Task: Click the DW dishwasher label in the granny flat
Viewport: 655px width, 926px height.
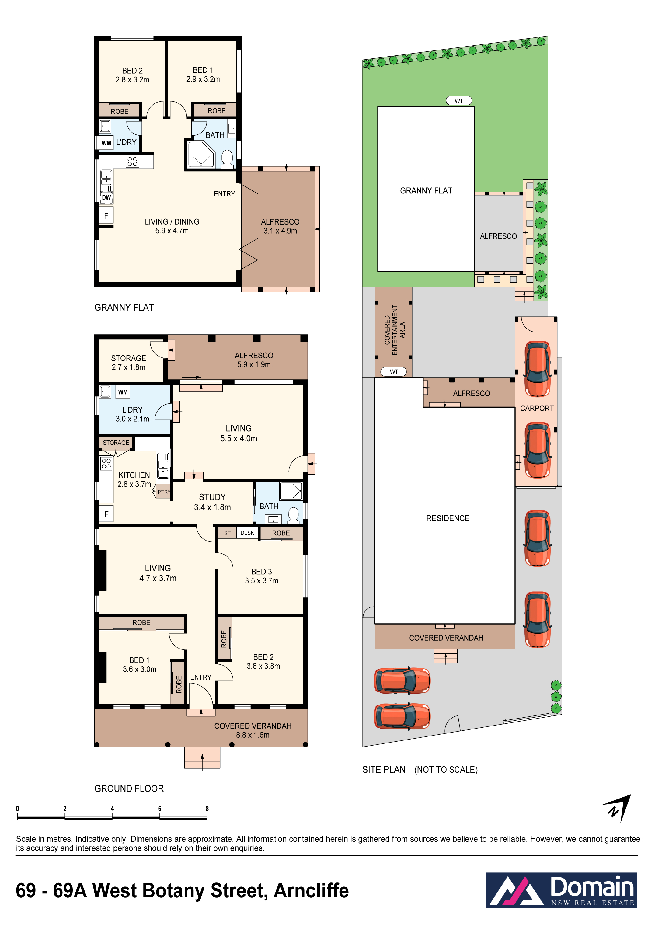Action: pos(106,197)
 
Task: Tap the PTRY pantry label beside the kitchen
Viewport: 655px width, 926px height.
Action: pos(164,492)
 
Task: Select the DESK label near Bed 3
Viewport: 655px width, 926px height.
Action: pos(247,533)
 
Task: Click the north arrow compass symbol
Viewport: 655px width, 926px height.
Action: pos(617,808)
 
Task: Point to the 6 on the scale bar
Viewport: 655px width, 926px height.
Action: pos(160,809)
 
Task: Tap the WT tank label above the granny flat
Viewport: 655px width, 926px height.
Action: pos(458,100)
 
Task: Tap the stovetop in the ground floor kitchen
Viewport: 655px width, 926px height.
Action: pos(106,463)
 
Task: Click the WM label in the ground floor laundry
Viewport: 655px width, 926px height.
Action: pos(123,392)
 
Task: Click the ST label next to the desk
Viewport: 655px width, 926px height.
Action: pos(228,533)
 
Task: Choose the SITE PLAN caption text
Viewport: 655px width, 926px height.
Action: pos(384,770)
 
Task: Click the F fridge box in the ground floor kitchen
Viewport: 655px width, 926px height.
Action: pos(106,514)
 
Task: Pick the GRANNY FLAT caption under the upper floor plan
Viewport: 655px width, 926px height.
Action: pos(124,307)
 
